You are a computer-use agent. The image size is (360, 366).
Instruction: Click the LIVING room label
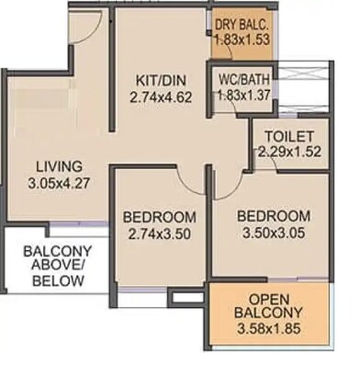[x=58, y=166]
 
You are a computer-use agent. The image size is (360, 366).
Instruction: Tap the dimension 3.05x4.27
[x=59, y=183]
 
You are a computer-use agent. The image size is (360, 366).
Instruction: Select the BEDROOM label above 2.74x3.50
[x=160, y=217]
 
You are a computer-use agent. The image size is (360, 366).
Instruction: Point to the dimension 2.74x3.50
[x=160, y=233]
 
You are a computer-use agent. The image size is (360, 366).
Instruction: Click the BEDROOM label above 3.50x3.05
[x=273, y=216]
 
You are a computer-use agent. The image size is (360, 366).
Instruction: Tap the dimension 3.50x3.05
[x=273, y=232]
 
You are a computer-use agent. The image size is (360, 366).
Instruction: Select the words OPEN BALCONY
[x=270, y=307]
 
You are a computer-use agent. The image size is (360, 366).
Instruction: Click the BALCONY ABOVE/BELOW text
[x=54, y=266]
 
